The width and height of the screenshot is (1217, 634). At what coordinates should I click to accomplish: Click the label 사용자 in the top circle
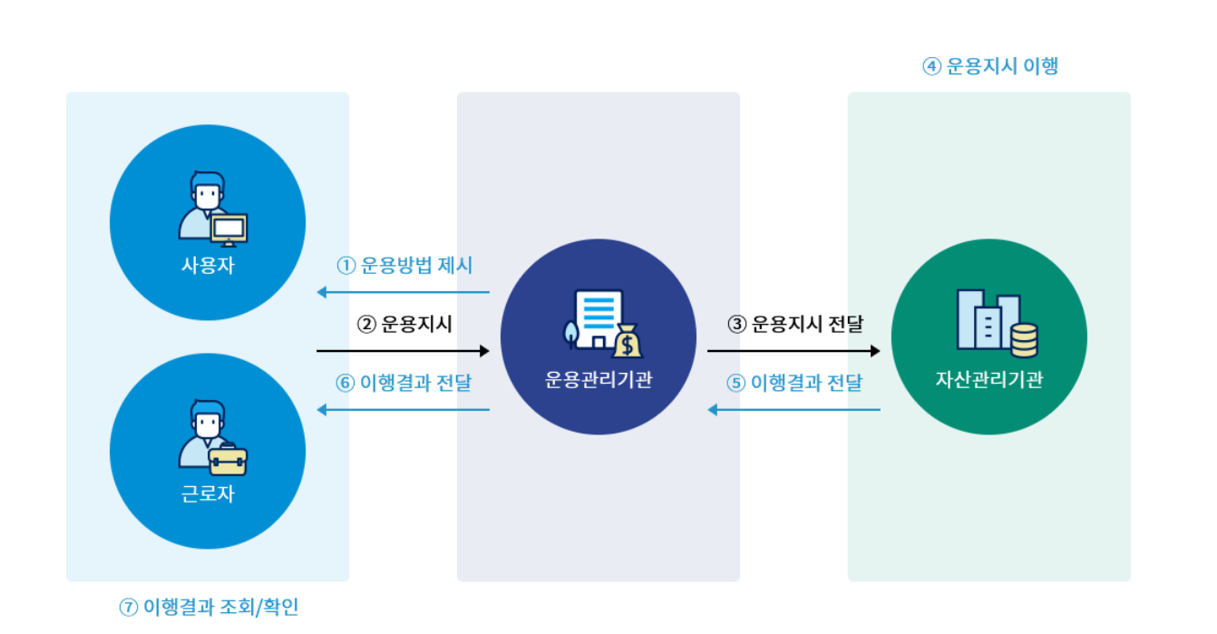pyautogui.click(x=208, y=266)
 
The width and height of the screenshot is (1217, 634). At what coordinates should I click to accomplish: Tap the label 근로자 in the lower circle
pyautogui.click(x=208, y=494)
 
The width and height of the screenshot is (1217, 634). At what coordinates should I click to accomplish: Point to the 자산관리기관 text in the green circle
pyautogui.click(x=989, y=379)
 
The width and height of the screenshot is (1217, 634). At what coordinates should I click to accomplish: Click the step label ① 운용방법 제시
pyautogui.click(x=404, y=266)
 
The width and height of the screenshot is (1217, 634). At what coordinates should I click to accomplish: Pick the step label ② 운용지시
pyautogui.click(x=404, y=324)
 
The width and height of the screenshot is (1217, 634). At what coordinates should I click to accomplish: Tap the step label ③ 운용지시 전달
pyautogui.click(x=795, y=324)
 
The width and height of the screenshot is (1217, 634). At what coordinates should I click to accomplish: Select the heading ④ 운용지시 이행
pyautogui.click(x=990, y=66)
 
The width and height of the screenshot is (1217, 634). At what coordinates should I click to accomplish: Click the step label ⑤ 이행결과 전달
pyautogui.click(x=794, y=382)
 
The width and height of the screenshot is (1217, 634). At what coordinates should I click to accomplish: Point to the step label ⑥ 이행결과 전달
pyautogui.click(x=404, y=382)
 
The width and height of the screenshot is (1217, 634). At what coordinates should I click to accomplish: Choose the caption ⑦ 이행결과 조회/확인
pyautogui.click(x=209, y=607)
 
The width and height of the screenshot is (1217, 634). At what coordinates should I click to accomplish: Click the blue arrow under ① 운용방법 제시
pyautogui.click(x=404, y=292)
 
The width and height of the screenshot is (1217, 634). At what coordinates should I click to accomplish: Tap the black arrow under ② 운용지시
pyautogui.click(x=404, y=350)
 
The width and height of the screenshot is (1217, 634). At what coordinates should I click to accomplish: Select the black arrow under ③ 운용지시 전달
pyautogui.click(x=794, y=350)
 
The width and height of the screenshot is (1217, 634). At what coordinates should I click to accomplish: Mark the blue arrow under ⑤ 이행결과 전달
pyautogui.click(x=794, y=410)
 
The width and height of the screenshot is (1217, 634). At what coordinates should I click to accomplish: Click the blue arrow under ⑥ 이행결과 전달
pyautogui.click(x=404, y=410)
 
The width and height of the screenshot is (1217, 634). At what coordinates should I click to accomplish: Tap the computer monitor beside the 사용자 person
pyautogui.click(x=229, y=229)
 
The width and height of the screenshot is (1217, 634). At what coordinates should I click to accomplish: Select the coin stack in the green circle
pyautogui.click(x=1024, y=340)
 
